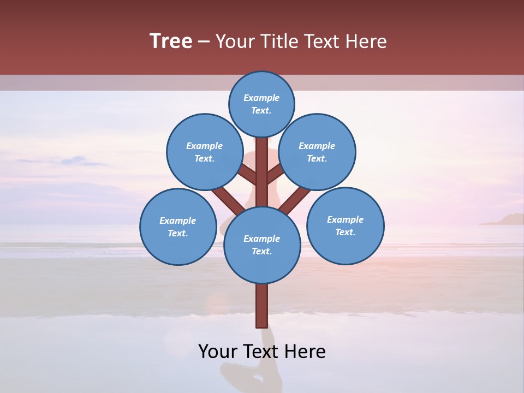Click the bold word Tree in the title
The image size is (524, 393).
coord(171,41)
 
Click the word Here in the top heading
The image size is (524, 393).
coord(366,41)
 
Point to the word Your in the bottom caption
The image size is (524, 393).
coord(218,352)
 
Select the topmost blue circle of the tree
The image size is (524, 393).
coord(261,104)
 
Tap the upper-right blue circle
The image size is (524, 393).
coord(317,152)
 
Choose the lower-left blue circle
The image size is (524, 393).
coord(178,227)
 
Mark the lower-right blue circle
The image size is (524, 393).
coord(345,225)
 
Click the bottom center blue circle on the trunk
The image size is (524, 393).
coord(262,245)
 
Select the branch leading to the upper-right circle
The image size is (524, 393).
coord(275,175)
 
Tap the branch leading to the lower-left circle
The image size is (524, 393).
coord(228,199)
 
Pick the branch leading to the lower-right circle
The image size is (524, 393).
coord(295,199)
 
